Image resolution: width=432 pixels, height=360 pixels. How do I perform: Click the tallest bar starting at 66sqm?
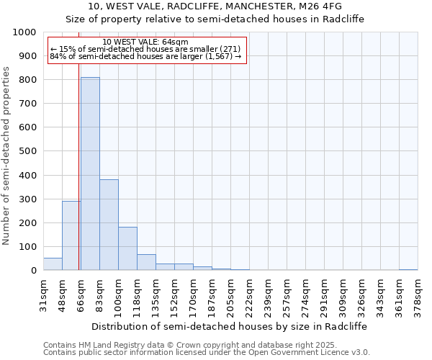(x=90, y=174)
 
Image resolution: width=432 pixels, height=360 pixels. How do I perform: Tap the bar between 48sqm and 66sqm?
(x=71, y=235)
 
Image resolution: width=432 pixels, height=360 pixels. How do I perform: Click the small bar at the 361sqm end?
(x=408, y=269)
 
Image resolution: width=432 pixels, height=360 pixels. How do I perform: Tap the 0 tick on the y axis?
(x=34, y=271)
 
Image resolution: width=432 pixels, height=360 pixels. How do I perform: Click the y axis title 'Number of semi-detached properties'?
(x=7, y=156)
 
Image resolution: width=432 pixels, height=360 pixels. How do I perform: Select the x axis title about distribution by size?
(x=230, y=326)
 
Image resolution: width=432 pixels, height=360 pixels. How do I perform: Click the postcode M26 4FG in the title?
(x=322, y=6)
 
